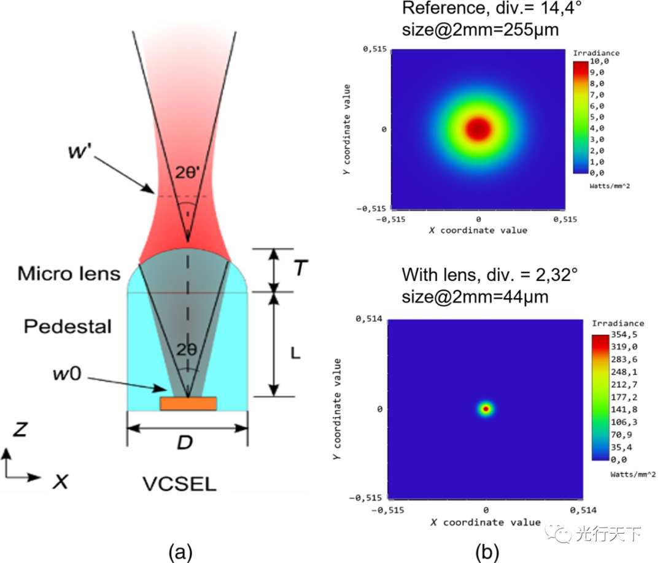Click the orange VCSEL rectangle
tap(188, 404)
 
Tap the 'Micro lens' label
tap(69, 274)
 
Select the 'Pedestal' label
tap(68, 326)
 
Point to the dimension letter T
tap(301, 268)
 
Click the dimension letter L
tap(295, 353)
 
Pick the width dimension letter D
tap(185, 442)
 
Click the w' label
tap(79, 151)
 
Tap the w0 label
tap(68, 373)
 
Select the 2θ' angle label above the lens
tap(187, 173)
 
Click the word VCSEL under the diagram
tap(179, 484)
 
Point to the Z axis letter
tap(20, 429)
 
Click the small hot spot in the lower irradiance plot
tap(486, 409)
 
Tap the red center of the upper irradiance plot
tap(478, 128)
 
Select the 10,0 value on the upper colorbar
tap(599, 61)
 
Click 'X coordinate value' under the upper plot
tap(478, 230)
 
